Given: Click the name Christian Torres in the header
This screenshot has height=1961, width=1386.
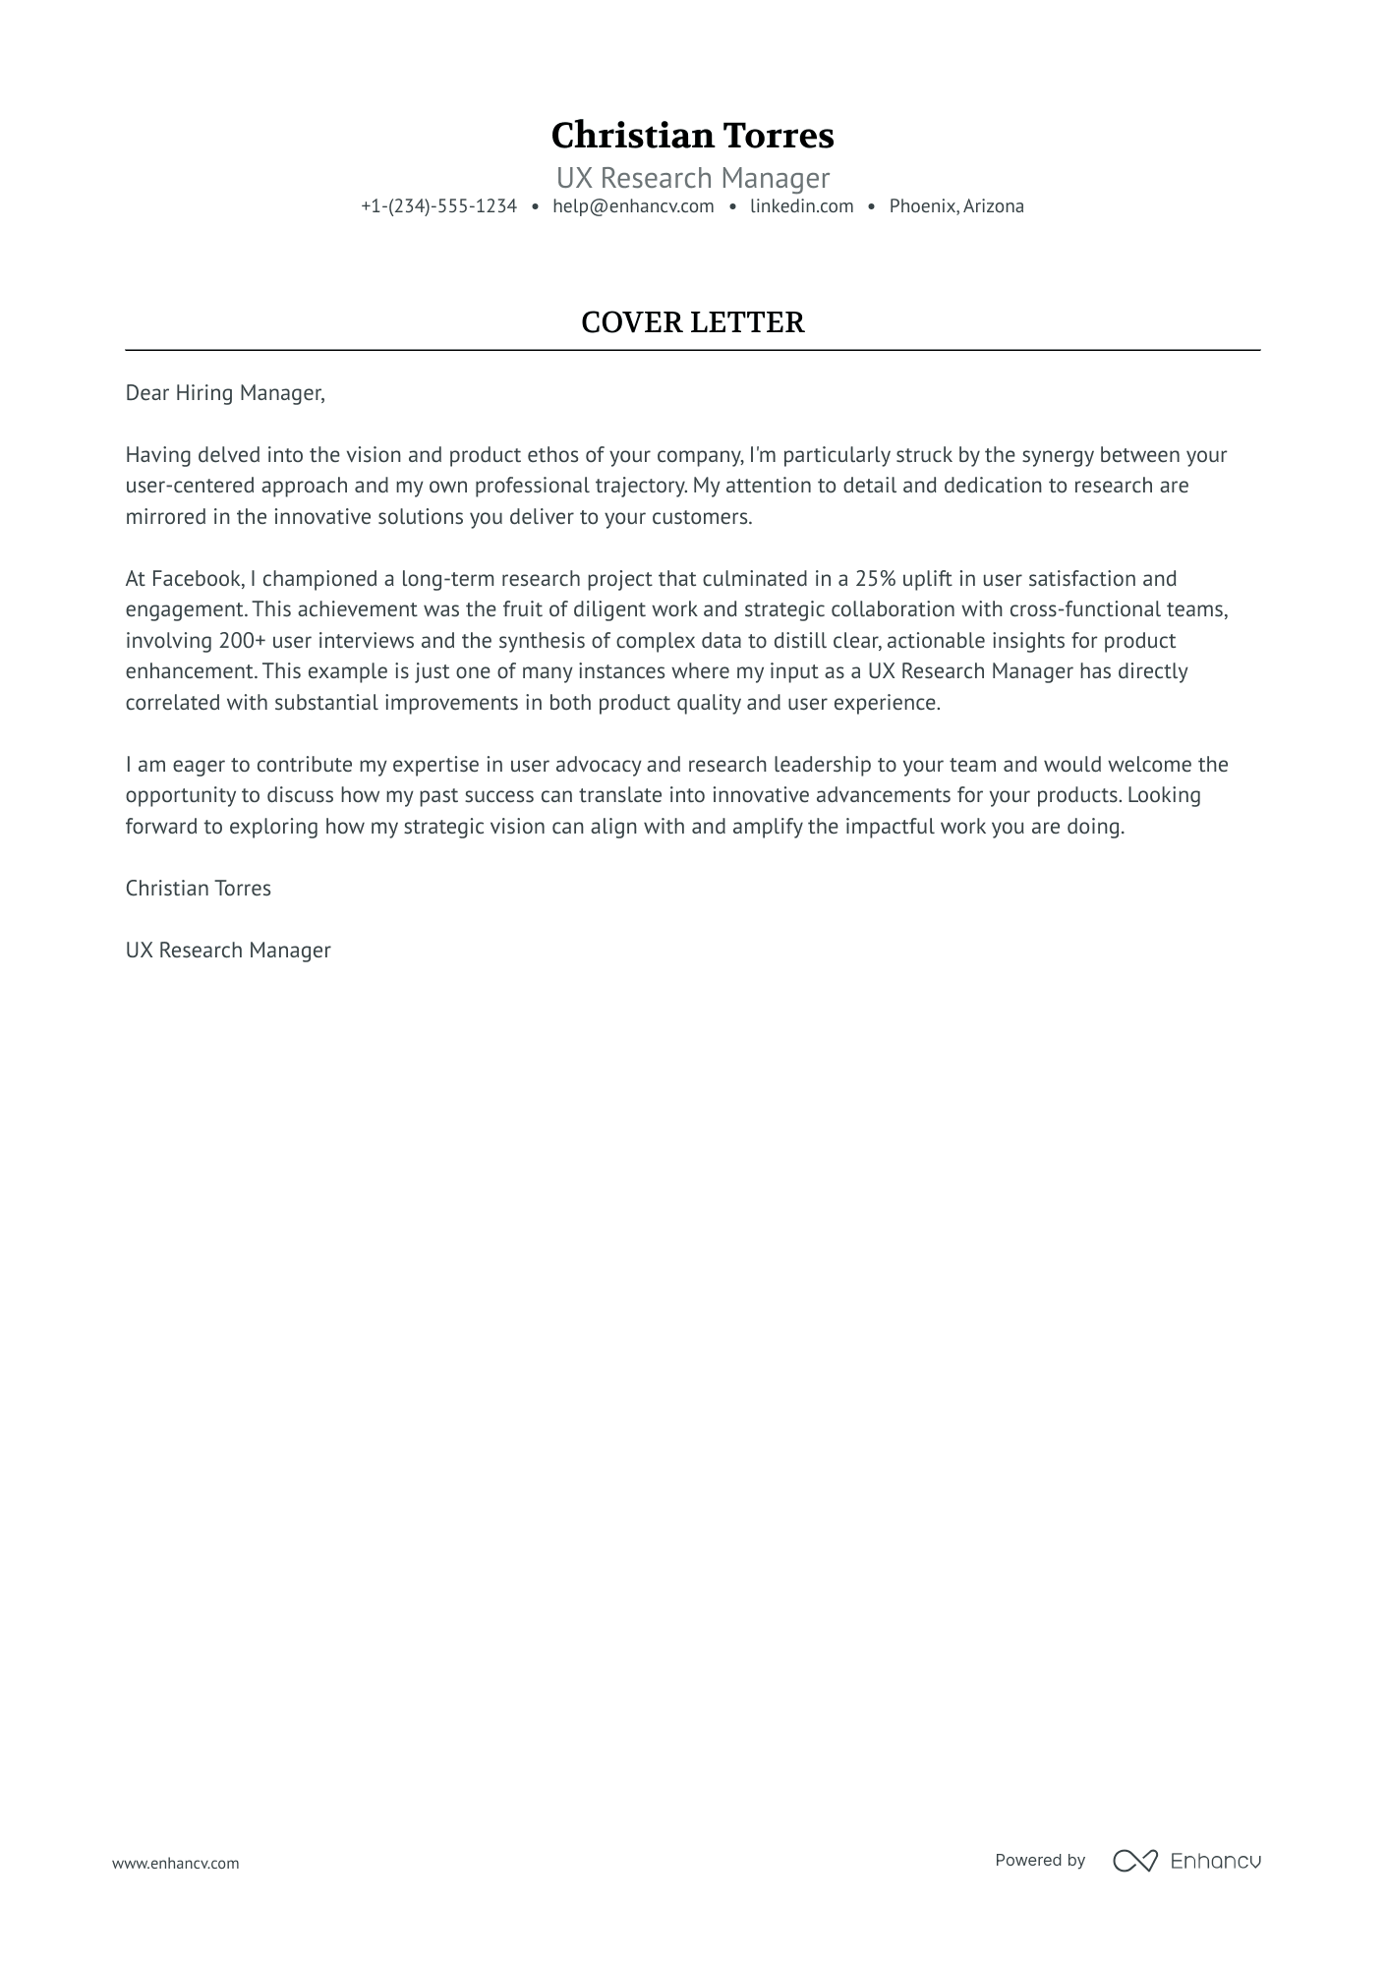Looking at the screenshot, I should (x=692, y=136).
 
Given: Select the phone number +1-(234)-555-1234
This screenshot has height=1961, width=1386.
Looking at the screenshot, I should (x=438, y=206).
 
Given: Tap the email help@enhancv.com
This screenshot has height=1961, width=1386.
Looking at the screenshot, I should (x=633, y=206).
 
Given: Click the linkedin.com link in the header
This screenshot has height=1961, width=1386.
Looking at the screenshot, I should (x=801, y=206).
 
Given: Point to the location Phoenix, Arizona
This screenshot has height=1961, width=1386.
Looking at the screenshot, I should (x=956, y=206).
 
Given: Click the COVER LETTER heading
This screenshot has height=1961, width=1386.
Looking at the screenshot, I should (x=692, y=322).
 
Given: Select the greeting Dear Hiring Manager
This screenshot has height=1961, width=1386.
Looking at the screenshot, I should (x=224, y=393).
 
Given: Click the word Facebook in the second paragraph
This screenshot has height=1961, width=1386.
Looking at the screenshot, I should (x=197, y=579).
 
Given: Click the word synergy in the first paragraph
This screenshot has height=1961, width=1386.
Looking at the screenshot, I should (x=1057, y=455).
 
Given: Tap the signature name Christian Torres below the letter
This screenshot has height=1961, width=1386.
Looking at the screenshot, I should (x=198, y=889).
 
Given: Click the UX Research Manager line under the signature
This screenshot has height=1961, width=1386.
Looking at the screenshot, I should (x=228, y=951).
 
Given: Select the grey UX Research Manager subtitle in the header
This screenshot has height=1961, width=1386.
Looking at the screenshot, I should (x=692, y=178).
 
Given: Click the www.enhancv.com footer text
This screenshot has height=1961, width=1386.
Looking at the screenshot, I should (x=175, y=1863).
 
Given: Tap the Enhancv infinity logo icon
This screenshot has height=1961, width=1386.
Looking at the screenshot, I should (x=1134, y=1860).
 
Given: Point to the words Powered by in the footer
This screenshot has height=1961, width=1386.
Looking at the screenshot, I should (x=1039, y=1860).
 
